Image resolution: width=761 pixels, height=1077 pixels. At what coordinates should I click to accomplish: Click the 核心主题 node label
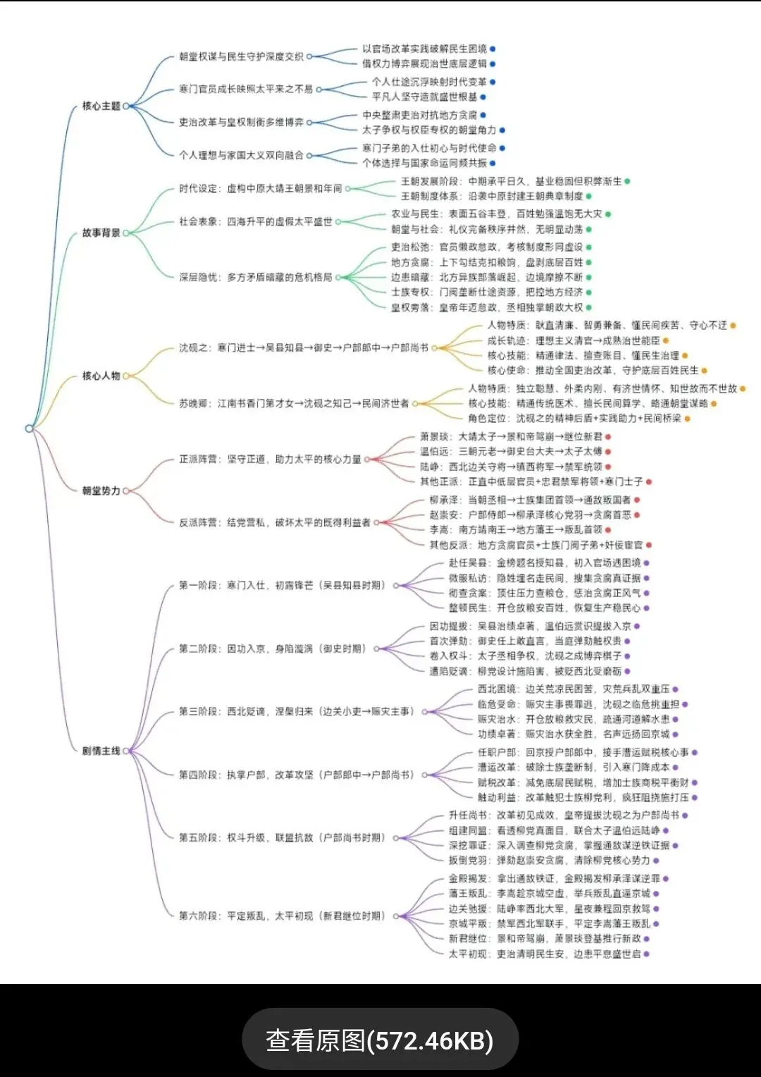(101, 106)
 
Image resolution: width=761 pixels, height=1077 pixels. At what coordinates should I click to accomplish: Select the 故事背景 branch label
(101, 233)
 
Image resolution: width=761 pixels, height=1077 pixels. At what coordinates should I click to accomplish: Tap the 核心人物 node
(101, 376)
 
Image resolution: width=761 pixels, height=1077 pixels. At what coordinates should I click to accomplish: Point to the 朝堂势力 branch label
(101, 491)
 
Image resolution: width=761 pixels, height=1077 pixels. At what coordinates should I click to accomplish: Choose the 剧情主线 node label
(101, 751)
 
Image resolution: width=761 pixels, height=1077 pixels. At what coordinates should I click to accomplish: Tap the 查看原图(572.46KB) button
(380, 1040)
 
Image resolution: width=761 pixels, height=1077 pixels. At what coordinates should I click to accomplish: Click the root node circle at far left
(29, 428)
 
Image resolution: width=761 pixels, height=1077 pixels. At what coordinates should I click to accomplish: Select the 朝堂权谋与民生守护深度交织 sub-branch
(241, 56)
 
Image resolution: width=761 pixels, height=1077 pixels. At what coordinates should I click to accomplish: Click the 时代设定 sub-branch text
(260, 188)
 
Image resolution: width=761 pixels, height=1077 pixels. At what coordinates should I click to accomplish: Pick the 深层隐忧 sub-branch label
(255, 277)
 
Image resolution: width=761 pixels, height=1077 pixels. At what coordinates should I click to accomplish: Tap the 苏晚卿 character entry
(294, 403)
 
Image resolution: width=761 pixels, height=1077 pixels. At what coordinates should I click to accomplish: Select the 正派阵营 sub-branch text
(270, 459)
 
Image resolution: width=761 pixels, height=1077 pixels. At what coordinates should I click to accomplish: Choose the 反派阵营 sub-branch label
(274, 522)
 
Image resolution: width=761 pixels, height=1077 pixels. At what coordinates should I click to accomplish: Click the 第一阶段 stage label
(281, 585)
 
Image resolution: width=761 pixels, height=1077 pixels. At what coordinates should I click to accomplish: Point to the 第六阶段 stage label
(281, 916)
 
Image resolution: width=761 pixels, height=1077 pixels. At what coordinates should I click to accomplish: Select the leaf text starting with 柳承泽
(529, 500)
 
